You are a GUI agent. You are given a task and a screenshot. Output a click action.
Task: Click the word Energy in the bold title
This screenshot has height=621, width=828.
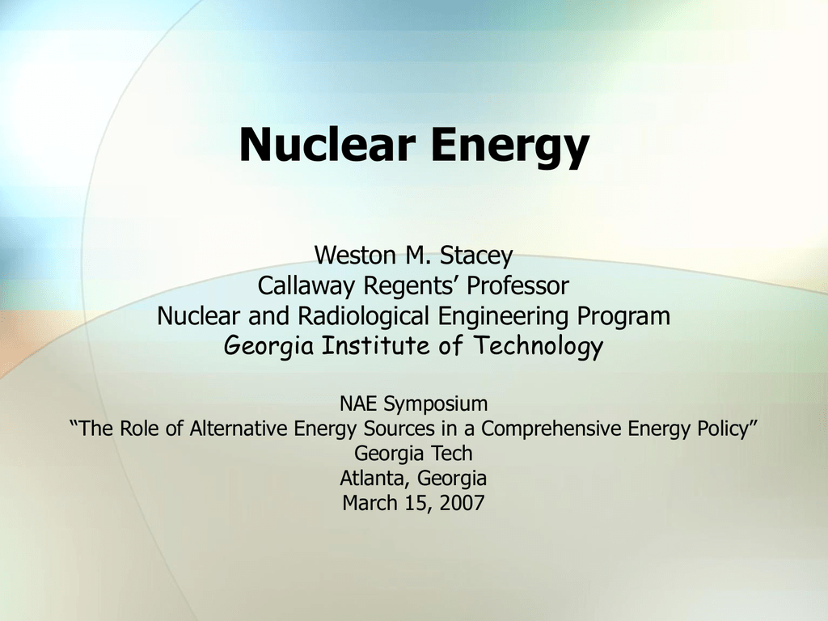click(x=510, y=148)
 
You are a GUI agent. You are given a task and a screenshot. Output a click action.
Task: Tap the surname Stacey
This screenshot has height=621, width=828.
click(x=476, y=256)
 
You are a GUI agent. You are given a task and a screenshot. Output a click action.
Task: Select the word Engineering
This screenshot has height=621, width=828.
click(x=503, y=317)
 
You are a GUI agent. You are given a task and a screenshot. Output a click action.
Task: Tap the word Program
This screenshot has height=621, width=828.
click(x=623, y=317)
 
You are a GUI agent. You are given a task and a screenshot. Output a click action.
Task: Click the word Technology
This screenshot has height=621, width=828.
click(x=538, y=347)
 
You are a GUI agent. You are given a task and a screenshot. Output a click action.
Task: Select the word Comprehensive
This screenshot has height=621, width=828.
click(x=551, y=429)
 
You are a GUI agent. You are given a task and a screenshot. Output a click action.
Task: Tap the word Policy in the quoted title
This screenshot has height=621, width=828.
click(x=728, y=429)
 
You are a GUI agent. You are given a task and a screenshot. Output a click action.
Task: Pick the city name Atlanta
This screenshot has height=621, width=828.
click(x=375, y=479)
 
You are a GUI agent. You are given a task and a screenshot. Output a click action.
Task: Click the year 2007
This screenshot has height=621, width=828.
click(x=462, y=503)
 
